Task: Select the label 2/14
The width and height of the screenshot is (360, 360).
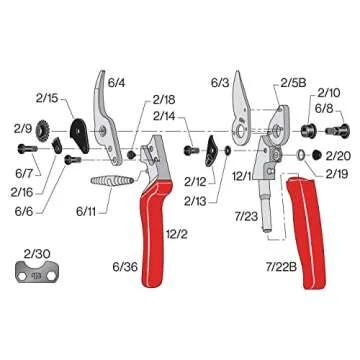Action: coord(167,118)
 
